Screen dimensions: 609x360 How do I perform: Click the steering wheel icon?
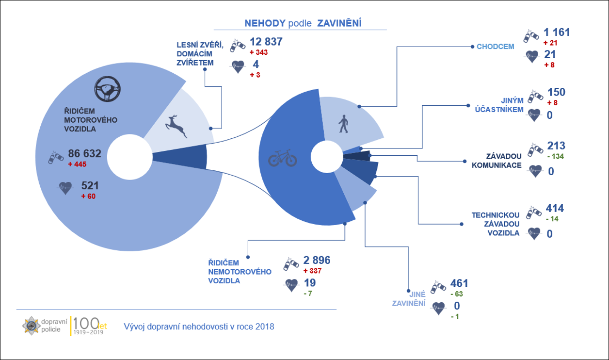point(107,89)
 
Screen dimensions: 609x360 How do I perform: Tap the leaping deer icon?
point(176,126)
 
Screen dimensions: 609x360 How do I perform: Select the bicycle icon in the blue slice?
point(283,158)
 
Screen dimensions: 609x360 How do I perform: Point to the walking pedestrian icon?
point(343,124)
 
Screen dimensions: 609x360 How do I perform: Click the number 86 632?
point(84,153)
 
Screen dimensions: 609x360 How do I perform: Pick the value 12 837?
point(266,42)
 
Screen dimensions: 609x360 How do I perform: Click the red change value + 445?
point(77,164)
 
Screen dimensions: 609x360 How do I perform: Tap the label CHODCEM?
point(496,47)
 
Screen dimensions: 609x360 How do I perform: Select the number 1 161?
point(557,33)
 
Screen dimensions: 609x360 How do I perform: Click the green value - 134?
point(556,156)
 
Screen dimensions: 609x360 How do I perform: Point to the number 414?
point(555,208)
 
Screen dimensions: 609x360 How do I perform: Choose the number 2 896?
point(317,260)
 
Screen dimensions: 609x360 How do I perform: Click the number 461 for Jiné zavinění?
point(459,283)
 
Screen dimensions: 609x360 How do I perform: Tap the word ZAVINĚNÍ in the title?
point(339,23)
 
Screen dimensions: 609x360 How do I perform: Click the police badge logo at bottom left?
point(31,326)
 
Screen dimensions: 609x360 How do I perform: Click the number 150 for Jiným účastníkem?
point(556,92)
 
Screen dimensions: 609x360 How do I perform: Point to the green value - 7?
point(308,294)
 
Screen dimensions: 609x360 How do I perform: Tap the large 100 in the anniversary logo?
point(86,324)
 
